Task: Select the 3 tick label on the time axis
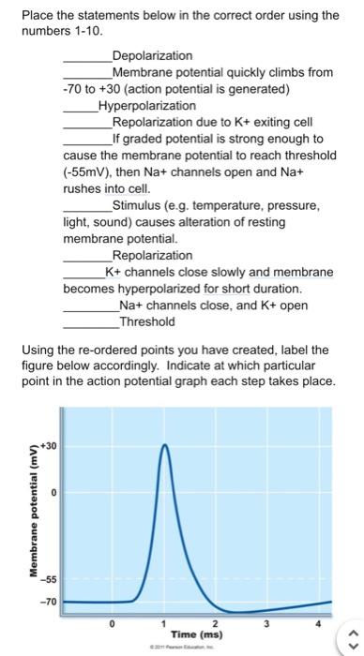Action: point(266,622)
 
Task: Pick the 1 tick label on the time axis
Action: point(163,622)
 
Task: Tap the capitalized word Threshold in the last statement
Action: point(146,321)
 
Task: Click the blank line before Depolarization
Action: point(86,58)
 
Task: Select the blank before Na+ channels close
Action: point(90,306)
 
